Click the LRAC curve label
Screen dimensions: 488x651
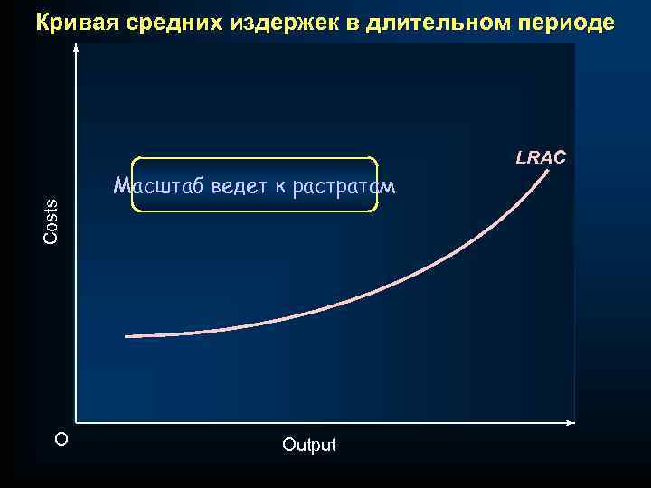[541, 157]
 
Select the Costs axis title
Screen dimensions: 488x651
[52, 221]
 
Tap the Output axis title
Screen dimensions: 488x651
[308, 445]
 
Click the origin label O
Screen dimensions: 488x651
[61, 440]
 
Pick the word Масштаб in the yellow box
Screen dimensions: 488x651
[159, 187]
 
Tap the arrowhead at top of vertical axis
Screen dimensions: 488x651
[77, 50]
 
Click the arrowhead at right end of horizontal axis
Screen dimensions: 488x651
[571, 422]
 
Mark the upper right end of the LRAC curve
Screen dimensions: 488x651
[548, 173]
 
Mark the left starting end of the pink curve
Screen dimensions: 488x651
[126, 336]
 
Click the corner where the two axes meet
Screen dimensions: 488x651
[77, 422]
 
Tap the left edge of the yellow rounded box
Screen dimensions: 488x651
[132, 185]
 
